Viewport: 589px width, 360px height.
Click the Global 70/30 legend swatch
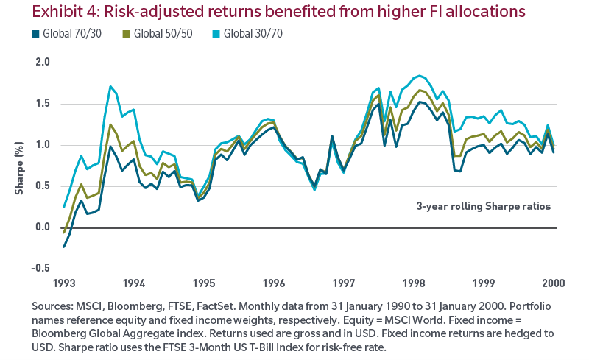point(35,34)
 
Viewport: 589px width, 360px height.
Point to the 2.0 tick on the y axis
point(41,63)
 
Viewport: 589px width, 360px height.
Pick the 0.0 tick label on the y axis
point(41,227)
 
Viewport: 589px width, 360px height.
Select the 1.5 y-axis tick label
point(41,104)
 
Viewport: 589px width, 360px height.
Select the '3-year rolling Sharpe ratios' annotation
point(484,207)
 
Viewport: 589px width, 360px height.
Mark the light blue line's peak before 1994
point(110,87)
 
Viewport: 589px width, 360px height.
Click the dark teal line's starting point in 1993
point(64,247)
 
